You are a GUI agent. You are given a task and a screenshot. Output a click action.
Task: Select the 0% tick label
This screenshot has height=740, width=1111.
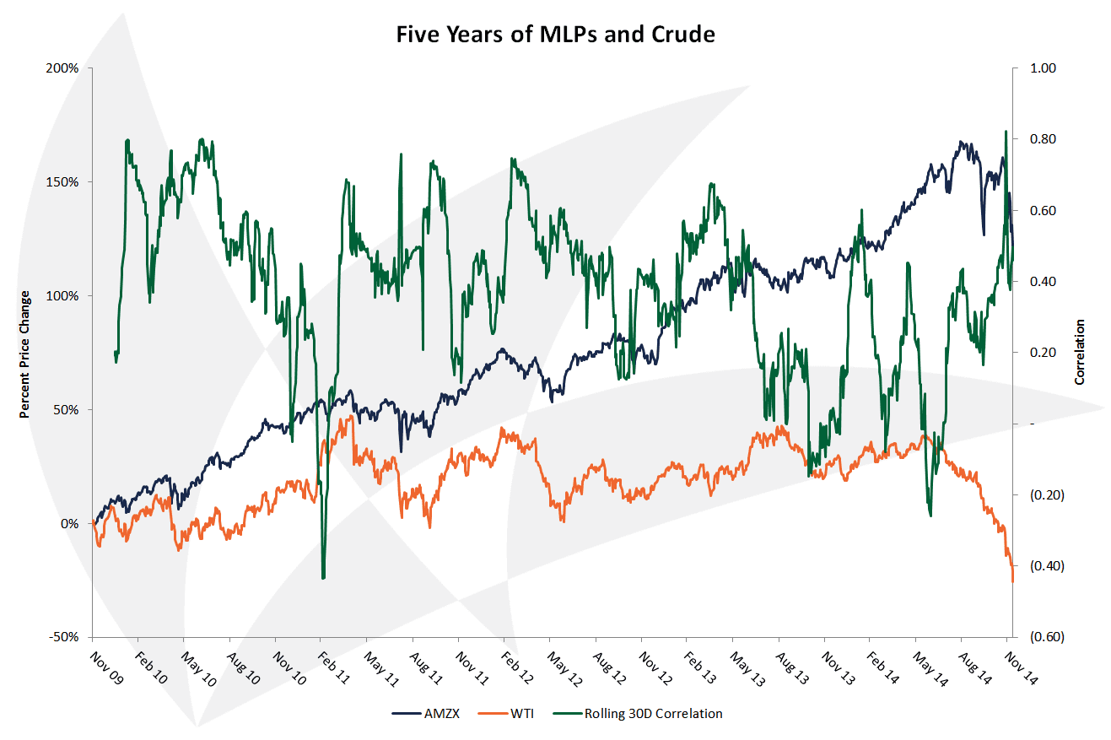pos(70,524)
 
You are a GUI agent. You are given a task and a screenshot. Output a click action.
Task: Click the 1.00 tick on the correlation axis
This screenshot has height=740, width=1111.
pos(1043,68)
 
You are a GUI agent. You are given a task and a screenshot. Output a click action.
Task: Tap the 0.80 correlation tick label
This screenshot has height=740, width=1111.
pos(1043,139)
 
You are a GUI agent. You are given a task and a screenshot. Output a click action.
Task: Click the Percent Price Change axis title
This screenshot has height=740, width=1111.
pos(25,354)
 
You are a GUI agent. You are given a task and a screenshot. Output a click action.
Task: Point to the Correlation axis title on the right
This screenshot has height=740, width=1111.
pos(1080,352)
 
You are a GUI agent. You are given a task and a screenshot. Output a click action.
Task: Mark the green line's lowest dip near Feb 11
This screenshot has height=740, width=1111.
pos(323,578)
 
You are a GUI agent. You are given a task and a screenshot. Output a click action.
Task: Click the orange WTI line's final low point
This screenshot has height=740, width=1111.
pos(1012,581)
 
